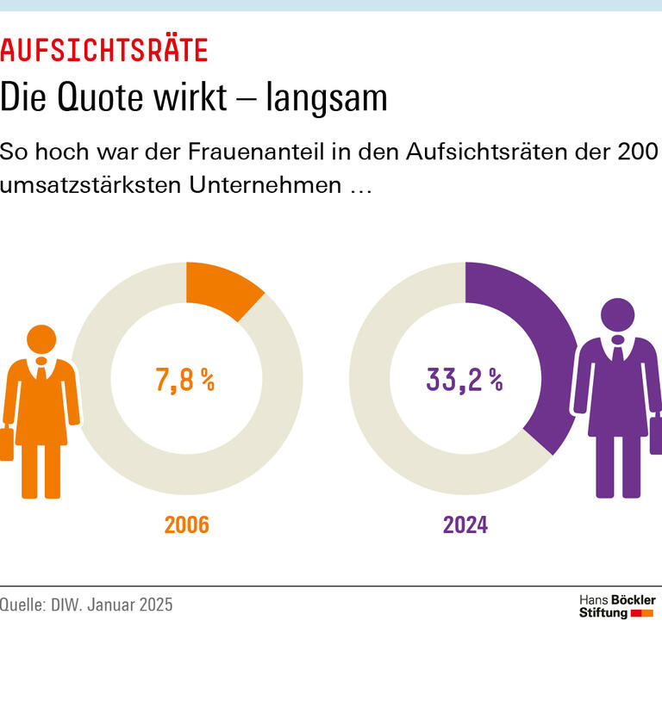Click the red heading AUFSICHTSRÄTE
(104, 51)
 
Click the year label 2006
(187, 524)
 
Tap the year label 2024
(465, 524)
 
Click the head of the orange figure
(41, 341)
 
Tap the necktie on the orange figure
(41, 372)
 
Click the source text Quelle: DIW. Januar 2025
(86, 605)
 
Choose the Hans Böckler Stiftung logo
(616, 606)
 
